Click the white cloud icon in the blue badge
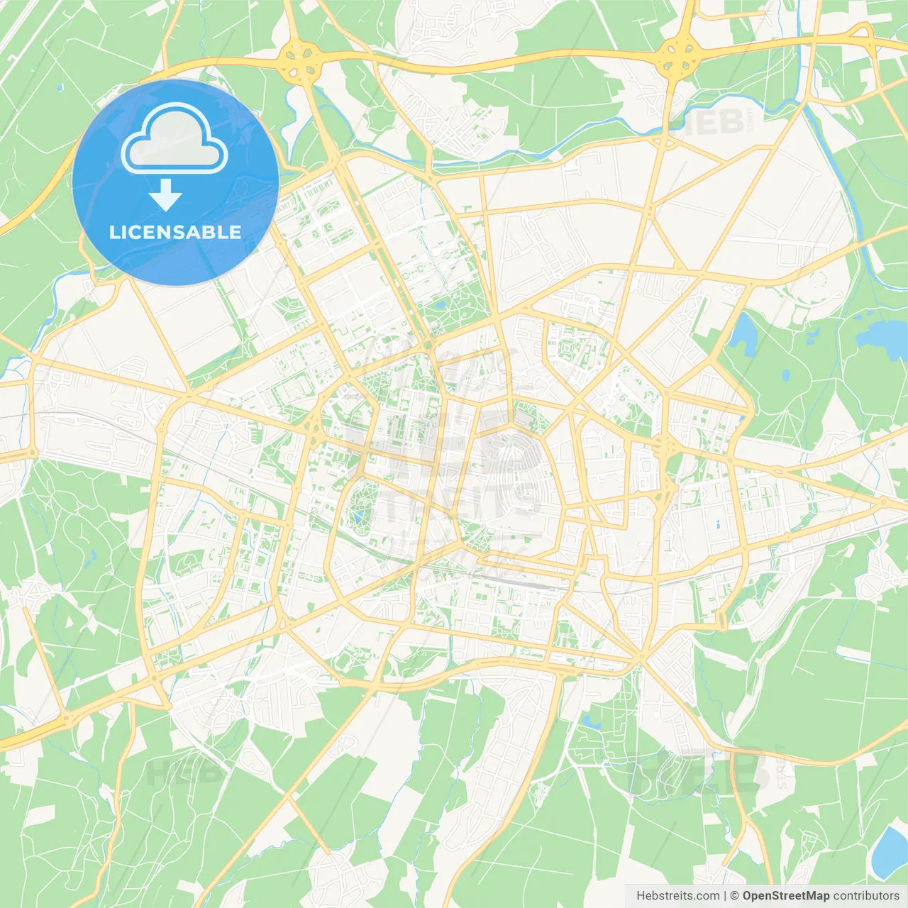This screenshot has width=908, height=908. click(175, 140)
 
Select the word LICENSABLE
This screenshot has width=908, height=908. click(175, 232)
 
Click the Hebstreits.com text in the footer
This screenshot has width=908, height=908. click(677, 896)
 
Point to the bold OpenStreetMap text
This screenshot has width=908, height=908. click(786, 896)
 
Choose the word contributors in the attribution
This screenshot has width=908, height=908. click(866, 896)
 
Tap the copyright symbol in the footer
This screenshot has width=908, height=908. click(735, 896)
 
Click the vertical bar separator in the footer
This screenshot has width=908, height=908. click(725, 896)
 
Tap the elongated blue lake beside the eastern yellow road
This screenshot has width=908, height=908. click(743, 333)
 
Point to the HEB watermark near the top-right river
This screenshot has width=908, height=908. click(713, 122)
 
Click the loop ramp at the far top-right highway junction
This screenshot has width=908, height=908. click(863, 32)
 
